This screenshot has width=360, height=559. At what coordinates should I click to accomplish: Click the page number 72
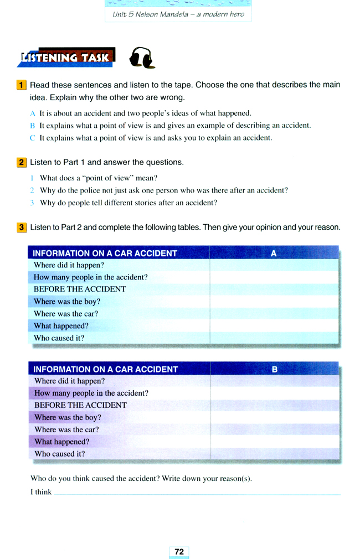click(x=179, y=551)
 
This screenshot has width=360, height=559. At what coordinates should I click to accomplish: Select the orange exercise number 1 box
click(x=21, y=85)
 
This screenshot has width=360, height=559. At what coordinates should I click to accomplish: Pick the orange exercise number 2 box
click(x=21, y=162)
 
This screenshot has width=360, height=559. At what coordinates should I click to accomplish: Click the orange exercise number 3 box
click(x=21, y=227)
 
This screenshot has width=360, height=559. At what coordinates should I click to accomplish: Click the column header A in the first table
click(x=274, y=253)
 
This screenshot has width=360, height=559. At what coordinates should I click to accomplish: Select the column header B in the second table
click(x=274, y=369)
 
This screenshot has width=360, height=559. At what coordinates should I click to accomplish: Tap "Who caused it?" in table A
click(x=59, y=338)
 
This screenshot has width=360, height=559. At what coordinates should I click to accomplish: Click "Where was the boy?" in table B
click(x=68, y=417)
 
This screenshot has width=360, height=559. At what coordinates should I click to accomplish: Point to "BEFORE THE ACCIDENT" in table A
click(x=80, y=289)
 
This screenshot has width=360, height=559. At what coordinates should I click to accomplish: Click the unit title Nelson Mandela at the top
click(x=178, y=14)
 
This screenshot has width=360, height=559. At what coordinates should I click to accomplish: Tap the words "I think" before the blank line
click(x=41, y=492)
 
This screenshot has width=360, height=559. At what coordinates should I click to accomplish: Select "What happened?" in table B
click(x=61, y=442)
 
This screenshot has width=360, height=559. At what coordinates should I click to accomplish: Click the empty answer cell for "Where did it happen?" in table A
click(x=274, y=265)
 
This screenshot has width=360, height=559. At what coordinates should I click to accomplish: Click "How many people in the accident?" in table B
click(x=91, y=393)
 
